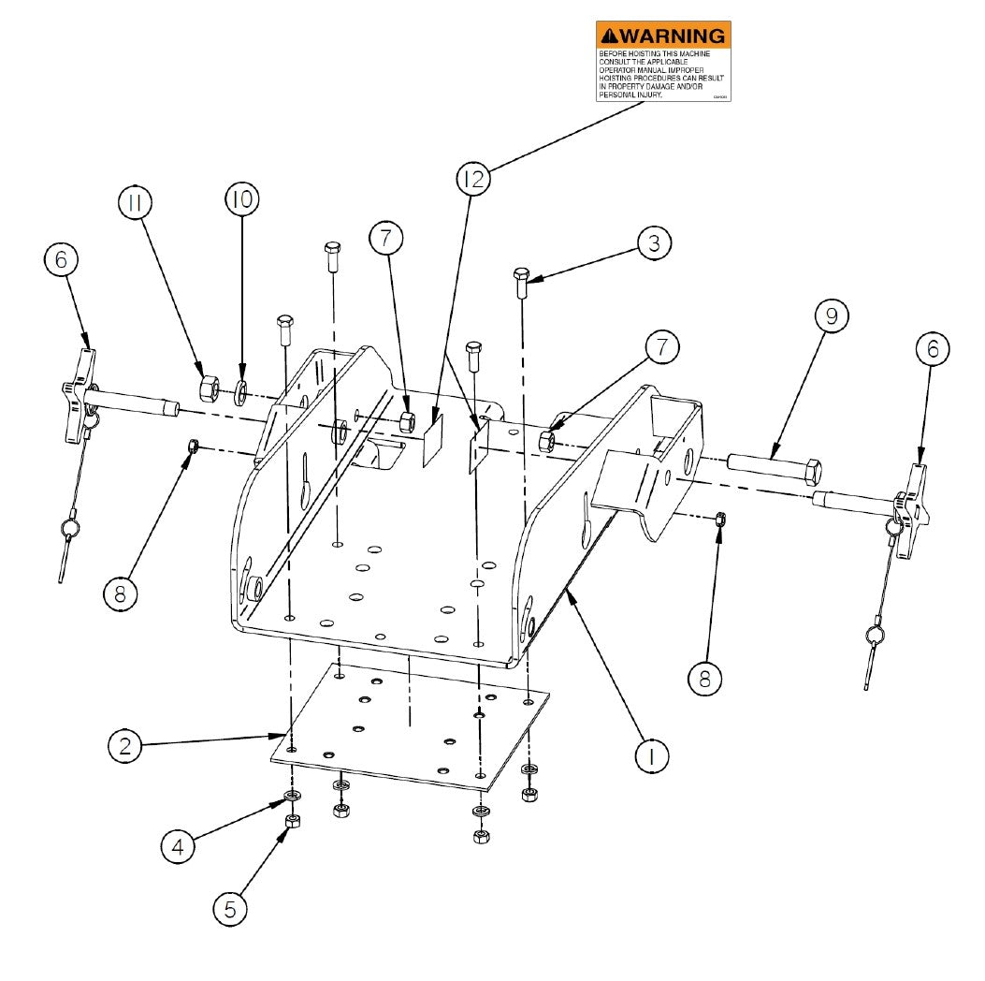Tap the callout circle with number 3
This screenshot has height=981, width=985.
[x=655, y=243]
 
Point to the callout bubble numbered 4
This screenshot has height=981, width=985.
[x=178, y=848]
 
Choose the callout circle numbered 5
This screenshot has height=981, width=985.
[x=230, y=906]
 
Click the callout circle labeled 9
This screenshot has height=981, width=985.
[x=830, y=317]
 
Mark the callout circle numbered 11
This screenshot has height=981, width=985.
[x=136, y=202]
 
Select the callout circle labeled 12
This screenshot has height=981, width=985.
[x=474, y=179]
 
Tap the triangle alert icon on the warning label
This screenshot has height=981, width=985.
[x=610, y=36]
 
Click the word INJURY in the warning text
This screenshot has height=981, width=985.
[x=645, y=95]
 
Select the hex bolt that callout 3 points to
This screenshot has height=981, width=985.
[x=522, y=281]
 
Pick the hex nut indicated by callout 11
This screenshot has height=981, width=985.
[x=210, y=386]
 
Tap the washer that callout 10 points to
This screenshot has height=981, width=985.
[x=240, y=389]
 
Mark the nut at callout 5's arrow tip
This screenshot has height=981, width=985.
[x=292, y=821]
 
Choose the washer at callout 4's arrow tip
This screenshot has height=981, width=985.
[x=292, y=797]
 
